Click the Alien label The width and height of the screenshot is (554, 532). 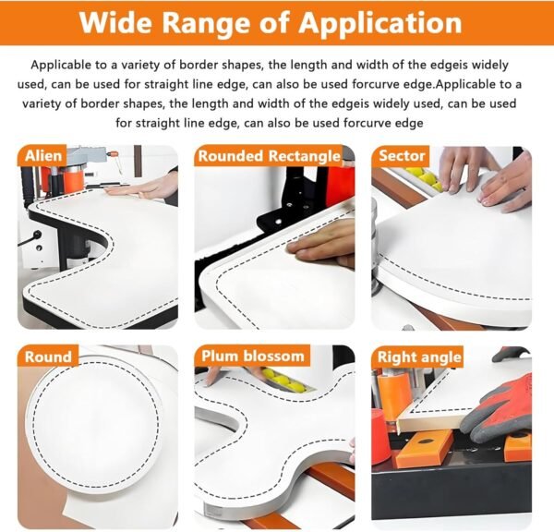43,156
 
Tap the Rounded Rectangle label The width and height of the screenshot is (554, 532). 270,156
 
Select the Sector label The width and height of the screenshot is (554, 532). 402,156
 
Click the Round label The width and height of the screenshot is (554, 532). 48,357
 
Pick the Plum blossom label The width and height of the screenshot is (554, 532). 253,357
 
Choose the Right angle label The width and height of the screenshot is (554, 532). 420,357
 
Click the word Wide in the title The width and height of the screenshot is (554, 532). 116,22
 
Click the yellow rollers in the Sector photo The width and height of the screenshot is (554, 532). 425,177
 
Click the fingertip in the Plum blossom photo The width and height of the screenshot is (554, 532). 211,381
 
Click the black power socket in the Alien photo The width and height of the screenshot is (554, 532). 36,236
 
